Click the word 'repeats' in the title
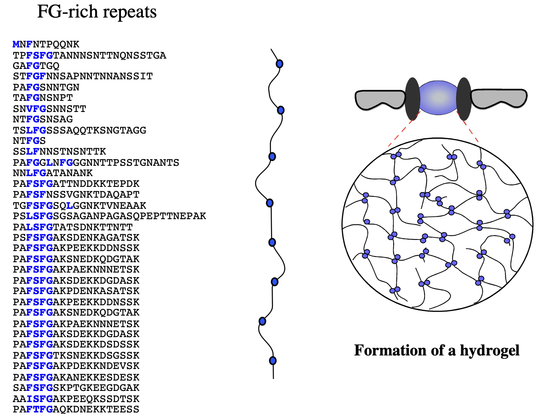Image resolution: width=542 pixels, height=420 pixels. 131,12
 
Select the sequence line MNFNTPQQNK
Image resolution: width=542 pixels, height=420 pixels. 46,44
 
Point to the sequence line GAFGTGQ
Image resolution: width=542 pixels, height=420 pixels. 36,66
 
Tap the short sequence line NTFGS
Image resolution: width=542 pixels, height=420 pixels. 29,141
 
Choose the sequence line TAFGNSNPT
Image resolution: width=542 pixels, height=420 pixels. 43,98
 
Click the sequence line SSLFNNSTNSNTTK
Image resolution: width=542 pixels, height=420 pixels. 60,151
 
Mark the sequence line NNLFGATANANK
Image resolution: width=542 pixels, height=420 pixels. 53,173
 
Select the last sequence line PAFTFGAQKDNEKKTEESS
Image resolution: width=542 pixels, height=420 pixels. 76,409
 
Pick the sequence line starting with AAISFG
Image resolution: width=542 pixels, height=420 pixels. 76,399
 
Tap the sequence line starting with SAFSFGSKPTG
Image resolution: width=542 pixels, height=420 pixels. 76,388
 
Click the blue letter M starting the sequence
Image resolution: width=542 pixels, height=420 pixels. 16,44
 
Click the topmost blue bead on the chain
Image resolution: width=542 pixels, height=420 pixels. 279,64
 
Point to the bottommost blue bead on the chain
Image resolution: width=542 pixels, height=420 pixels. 273,361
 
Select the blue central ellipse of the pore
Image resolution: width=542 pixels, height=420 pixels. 438,98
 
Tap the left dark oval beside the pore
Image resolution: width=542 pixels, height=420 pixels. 413,99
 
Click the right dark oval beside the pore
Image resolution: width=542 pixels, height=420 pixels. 464,99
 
